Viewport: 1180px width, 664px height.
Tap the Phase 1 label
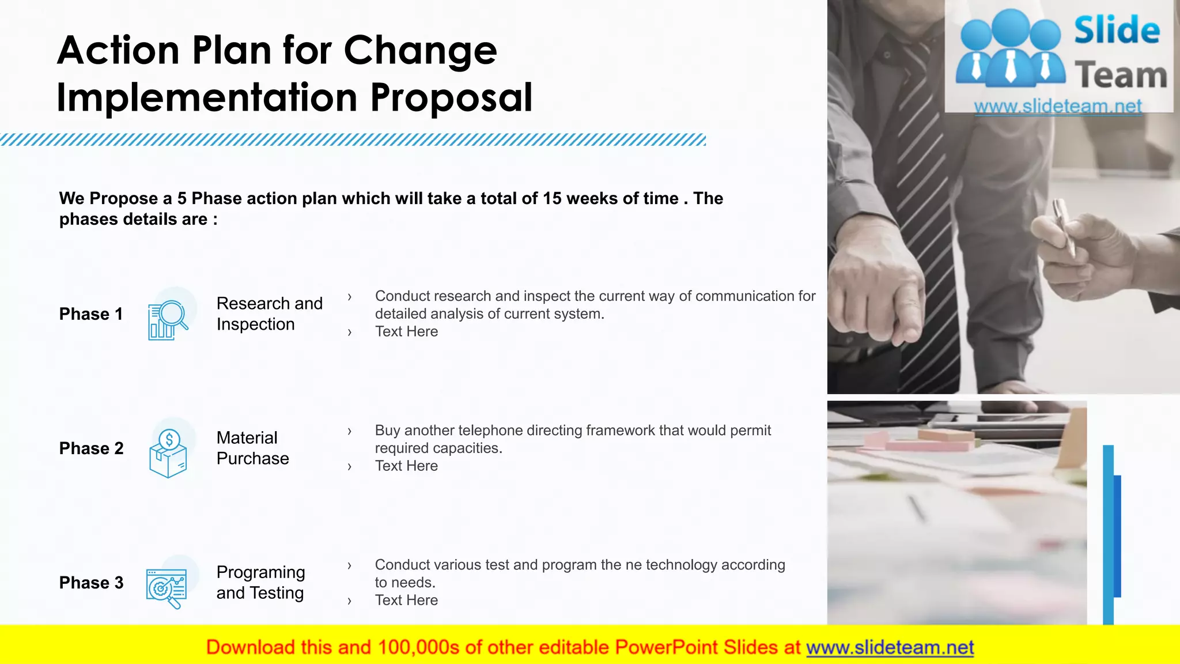[x=91, y=314]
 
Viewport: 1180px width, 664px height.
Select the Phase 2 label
[x=91, y=448]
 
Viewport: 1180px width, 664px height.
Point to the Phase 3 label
[x=91, y=583]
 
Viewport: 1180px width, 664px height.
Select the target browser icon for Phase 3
[x=167, y=588]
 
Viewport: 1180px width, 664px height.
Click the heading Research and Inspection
[x=269, y=314]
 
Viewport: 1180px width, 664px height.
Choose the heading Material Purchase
[x=252, y=448]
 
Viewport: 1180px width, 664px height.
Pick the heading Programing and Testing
[x=260, y=582]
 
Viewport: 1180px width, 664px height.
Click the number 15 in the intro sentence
[x=551, y=199]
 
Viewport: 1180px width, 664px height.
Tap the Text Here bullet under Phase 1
[x=406, y=331]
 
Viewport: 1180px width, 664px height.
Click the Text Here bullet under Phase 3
[x=406, y=600]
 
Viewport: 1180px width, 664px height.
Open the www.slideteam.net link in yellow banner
[x=890, y=647]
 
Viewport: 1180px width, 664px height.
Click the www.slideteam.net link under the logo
[x=1058, y=106]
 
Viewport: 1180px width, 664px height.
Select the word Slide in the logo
[x=1117, y=31]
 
